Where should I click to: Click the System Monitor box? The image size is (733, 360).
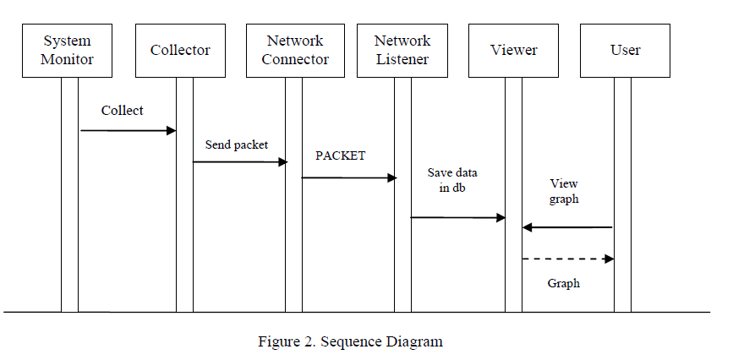68,51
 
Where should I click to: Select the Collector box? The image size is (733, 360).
180,51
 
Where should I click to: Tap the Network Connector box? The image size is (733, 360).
294,51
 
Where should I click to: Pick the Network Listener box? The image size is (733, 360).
402,51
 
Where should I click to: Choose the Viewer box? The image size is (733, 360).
513,51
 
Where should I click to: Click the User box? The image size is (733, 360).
625,51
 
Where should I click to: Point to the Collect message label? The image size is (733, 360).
123,111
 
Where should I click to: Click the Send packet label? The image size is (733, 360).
237,145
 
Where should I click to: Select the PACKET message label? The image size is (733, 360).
341,156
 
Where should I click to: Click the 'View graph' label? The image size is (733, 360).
564,191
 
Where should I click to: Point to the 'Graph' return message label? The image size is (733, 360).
564,284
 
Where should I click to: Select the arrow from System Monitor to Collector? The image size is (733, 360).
128,131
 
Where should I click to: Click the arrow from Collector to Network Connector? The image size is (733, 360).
241,161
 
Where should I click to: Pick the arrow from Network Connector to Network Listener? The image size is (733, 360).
349,177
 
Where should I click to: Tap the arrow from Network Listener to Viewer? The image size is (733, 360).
457,217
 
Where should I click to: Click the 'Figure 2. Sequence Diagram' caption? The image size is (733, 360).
350,342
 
